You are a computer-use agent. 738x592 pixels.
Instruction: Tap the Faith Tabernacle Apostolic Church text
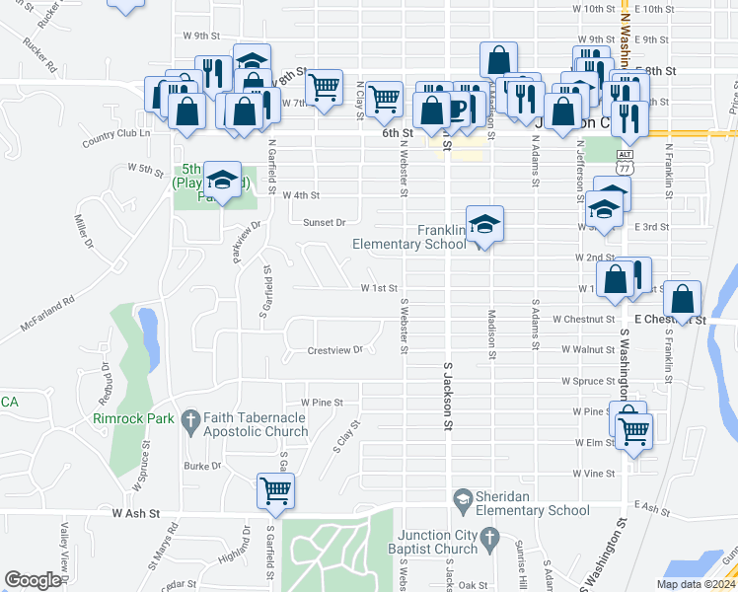(x=252, y=424)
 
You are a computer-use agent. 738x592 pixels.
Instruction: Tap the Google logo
(x=32, y=580)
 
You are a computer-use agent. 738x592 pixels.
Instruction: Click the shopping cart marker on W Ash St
(x=275, y=489)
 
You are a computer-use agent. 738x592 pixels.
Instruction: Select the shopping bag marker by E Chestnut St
(x=682, y=297)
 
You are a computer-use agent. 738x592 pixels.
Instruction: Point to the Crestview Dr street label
(x=335, y=350)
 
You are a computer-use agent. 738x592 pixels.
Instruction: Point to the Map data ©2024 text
(x=695, y=584)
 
